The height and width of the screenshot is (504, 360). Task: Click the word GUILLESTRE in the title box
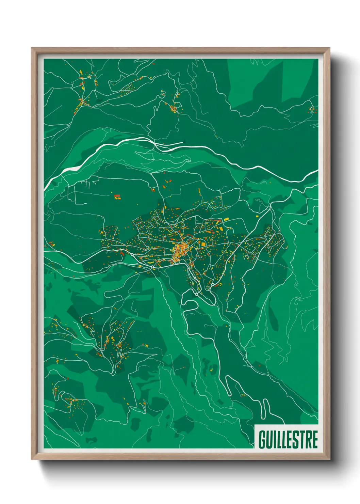pos(288,440)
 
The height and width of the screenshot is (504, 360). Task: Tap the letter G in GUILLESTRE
pos(263,440)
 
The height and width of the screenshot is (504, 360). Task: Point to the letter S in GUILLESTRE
pos(296,440)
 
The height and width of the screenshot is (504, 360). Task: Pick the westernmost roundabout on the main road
pos(132,254)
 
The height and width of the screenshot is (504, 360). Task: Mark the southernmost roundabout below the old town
pos(196,294)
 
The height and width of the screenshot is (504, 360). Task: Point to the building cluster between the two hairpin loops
pos(243,395)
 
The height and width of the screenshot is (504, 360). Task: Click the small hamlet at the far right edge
pos(312,109)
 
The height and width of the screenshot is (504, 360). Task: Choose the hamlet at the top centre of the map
pos(174,108)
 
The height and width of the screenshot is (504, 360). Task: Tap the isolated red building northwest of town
pos(117,196)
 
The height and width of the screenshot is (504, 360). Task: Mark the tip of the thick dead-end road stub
pos(182,142)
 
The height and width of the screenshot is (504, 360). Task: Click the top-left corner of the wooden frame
pos(32,48)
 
